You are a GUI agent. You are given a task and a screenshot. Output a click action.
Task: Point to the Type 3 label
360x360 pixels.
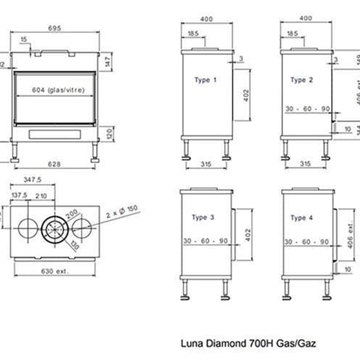pos(203,215)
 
